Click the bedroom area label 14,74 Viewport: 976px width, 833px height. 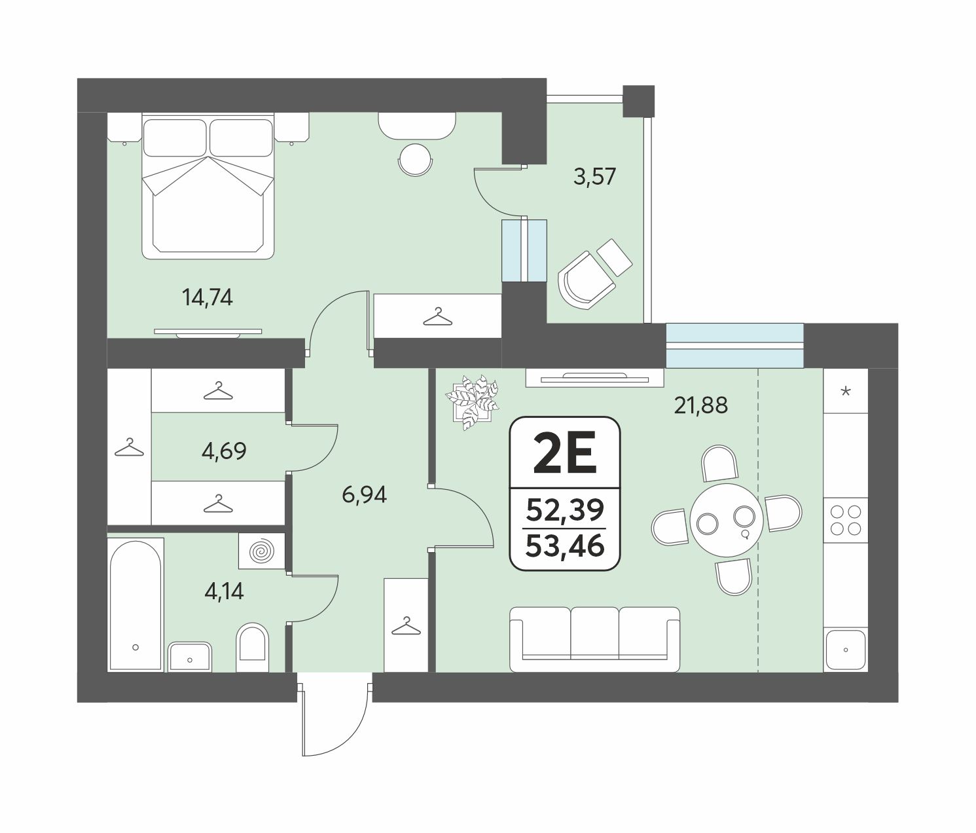click(208, 298)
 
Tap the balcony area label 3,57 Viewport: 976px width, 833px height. click(594, 177)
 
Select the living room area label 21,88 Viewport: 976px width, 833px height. click(701, 405)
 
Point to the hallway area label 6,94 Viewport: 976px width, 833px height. click(365, 494)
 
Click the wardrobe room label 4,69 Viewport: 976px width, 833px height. click(224, 451)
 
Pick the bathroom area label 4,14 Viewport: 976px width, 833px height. click(224, 591)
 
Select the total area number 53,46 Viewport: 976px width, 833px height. click(565, 547)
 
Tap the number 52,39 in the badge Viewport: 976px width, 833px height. click(565, 509)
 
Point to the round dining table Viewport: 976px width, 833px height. click(726, 520)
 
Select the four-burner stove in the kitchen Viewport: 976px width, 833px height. click(846, 520)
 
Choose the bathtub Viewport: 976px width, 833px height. click(136, 605)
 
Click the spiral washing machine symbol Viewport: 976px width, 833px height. click(262, 551)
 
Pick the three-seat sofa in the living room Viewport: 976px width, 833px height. click(594, 639)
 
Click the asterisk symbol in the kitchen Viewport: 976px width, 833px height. click(846, 391)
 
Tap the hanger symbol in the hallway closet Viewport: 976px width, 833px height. click(406, 626)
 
